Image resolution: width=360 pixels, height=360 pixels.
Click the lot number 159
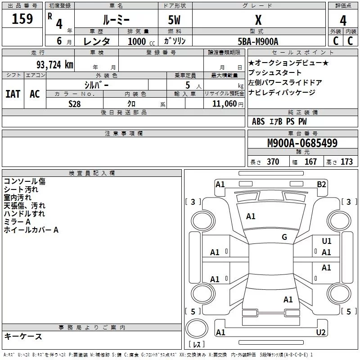click(22, 19)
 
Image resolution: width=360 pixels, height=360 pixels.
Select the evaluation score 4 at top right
click(343, 20)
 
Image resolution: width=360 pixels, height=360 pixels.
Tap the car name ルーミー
click(116, 19)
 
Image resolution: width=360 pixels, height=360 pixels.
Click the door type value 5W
click(175, 20)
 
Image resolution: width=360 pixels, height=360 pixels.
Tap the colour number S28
click(74, 103)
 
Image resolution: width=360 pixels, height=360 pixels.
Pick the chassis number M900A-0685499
click(302, 143)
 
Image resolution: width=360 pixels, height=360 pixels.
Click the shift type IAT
click(13, 94)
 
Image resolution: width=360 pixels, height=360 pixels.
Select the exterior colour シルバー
click(96, 85)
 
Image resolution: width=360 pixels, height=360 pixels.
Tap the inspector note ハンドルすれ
click(24, 214)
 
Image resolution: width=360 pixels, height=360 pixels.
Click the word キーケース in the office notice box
click(23, 336)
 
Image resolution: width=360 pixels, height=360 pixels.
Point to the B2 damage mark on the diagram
click(321, 184)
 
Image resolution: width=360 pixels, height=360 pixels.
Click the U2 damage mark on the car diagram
click(321, 333)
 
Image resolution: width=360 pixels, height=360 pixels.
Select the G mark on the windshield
click(284, 237)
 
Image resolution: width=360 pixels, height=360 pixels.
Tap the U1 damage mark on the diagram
click(327, 242)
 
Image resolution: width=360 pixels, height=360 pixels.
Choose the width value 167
click(310, 162)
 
